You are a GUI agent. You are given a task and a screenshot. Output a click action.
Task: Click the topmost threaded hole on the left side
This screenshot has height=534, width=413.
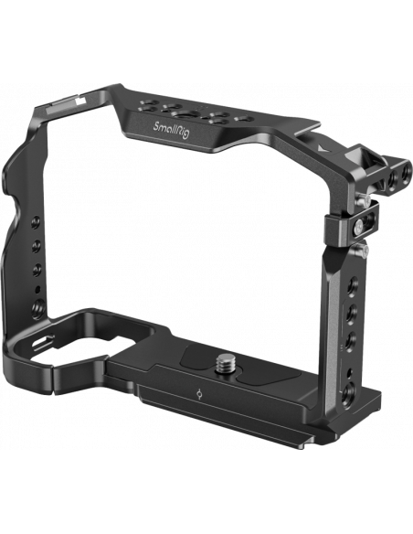pyautogui.click(x=36, y=222)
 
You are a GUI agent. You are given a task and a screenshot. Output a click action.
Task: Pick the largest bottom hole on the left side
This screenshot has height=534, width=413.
pyautogui.click(x=37, y=308)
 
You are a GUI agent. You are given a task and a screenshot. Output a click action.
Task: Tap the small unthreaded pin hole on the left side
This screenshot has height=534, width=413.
pyautogui.click(x=37, y=290)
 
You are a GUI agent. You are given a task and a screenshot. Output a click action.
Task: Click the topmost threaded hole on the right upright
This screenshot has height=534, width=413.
pyautogui.click(x=354, y=283)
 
